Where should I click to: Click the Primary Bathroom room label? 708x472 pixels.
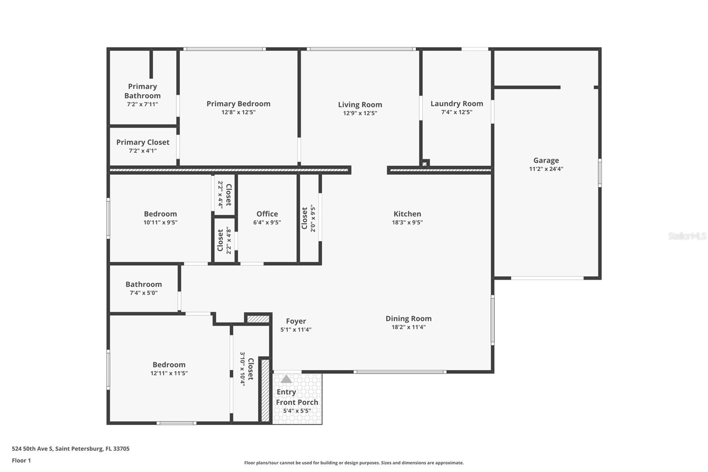pyautogui.click(x=142, y=91)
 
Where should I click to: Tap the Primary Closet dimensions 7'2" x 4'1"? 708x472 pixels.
pyautogui.click(x=142, y=151)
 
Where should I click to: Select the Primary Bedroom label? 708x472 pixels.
pyautogui.click(x=238, y=104)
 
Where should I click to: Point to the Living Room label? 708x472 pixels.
pyautogui.click(x=360, y=104)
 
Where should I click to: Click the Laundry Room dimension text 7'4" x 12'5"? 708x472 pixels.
pyautogui.click(x=457, y=112)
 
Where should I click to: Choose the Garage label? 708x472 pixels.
pyautogui.click(x=546, y=160)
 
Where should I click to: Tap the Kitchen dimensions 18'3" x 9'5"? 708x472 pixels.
pyautogui.click(x=407, y=222)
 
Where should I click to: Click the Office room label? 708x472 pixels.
pyautogui.click(x=267, y=214)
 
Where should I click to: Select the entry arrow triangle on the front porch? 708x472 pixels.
pyautogui.click(x=286, y=379)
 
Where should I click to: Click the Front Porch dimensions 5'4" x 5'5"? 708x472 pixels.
pyautogui.click(x=297, y=411)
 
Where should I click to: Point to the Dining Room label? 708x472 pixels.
pyautogui.click(x=408, y=318)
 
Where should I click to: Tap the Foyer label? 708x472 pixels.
pyautogui.click(x=296, y=321)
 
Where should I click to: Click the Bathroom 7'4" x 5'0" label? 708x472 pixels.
pyautogui.click(x=143, y=288)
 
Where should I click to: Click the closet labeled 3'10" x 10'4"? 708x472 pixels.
pyautogui.click(x=246, y=369)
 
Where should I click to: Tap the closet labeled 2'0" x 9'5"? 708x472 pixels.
pyautogui.click(x=308, y=218)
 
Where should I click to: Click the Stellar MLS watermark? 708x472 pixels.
pyautogui.click(x=687, y=236)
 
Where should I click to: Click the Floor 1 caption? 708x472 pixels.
pyautogui.click(x=21, y=460)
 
